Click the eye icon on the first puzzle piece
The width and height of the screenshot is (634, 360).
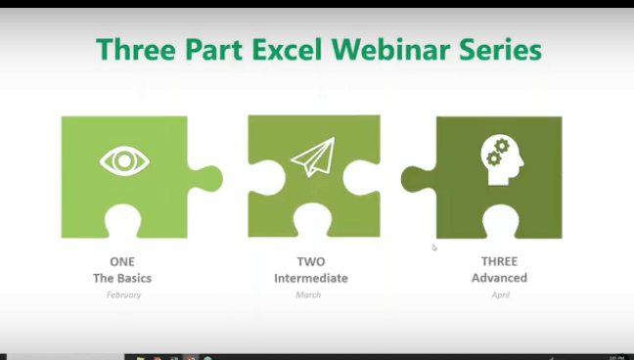click(x=124, y=161)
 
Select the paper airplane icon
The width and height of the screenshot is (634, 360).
click(x=312, y=157)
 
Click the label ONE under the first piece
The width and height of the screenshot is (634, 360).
click(x=122, y=262)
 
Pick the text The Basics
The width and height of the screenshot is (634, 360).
click(x=122, y=278)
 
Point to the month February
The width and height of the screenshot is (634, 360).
click(x=123, y=294)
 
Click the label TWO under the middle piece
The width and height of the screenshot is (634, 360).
click(x=310, y=262)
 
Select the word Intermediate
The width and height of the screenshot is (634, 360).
click(x=310, y=278)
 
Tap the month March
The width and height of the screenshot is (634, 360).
click(x=308, y=294)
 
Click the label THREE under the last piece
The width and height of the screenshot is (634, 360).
click(x=499, y=262)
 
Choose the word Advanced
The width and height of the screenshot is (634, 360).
click(x=499, y=278)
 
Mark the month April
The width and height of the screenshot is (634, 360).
click(x=499, y=294)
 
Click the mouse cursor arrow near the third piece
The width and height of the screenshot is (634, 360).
click(x=434, y=247)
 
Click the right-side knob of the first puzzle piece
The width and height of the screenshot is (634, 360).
click(x=206, y=179)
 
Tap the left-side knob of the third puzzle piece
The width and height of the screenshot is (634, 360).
click(x=417, y=178)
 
